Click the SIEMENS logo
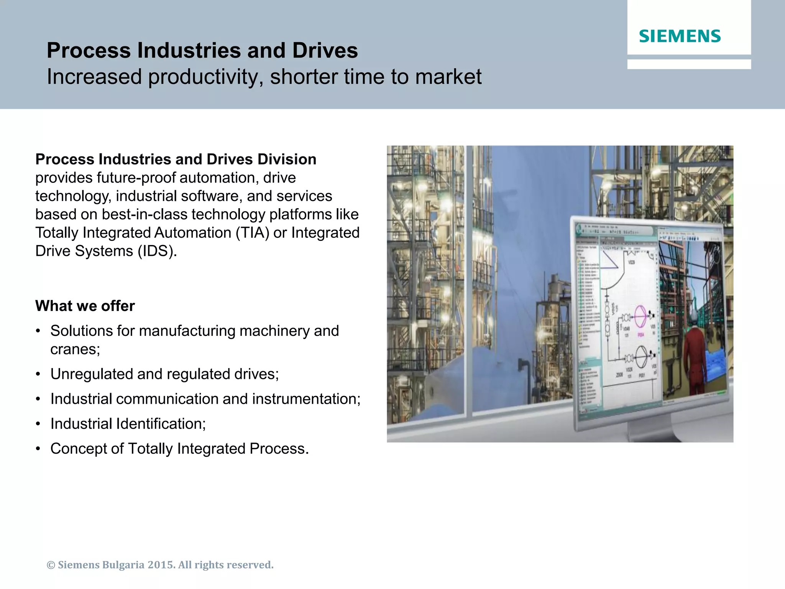(x=680, y=36)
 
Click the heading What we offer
(x=85, y=306)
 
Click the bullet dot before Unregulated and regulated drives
(x=38, y=374)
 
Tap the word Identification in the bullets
(x=160, y=424)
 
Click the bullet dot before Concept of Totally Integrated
(x=38, y=449)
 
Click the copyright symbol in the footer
(x=51, y=565)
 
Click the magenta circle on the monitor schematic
(x=640, y=317)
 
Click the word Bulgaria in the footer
(x=123, y=565)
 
